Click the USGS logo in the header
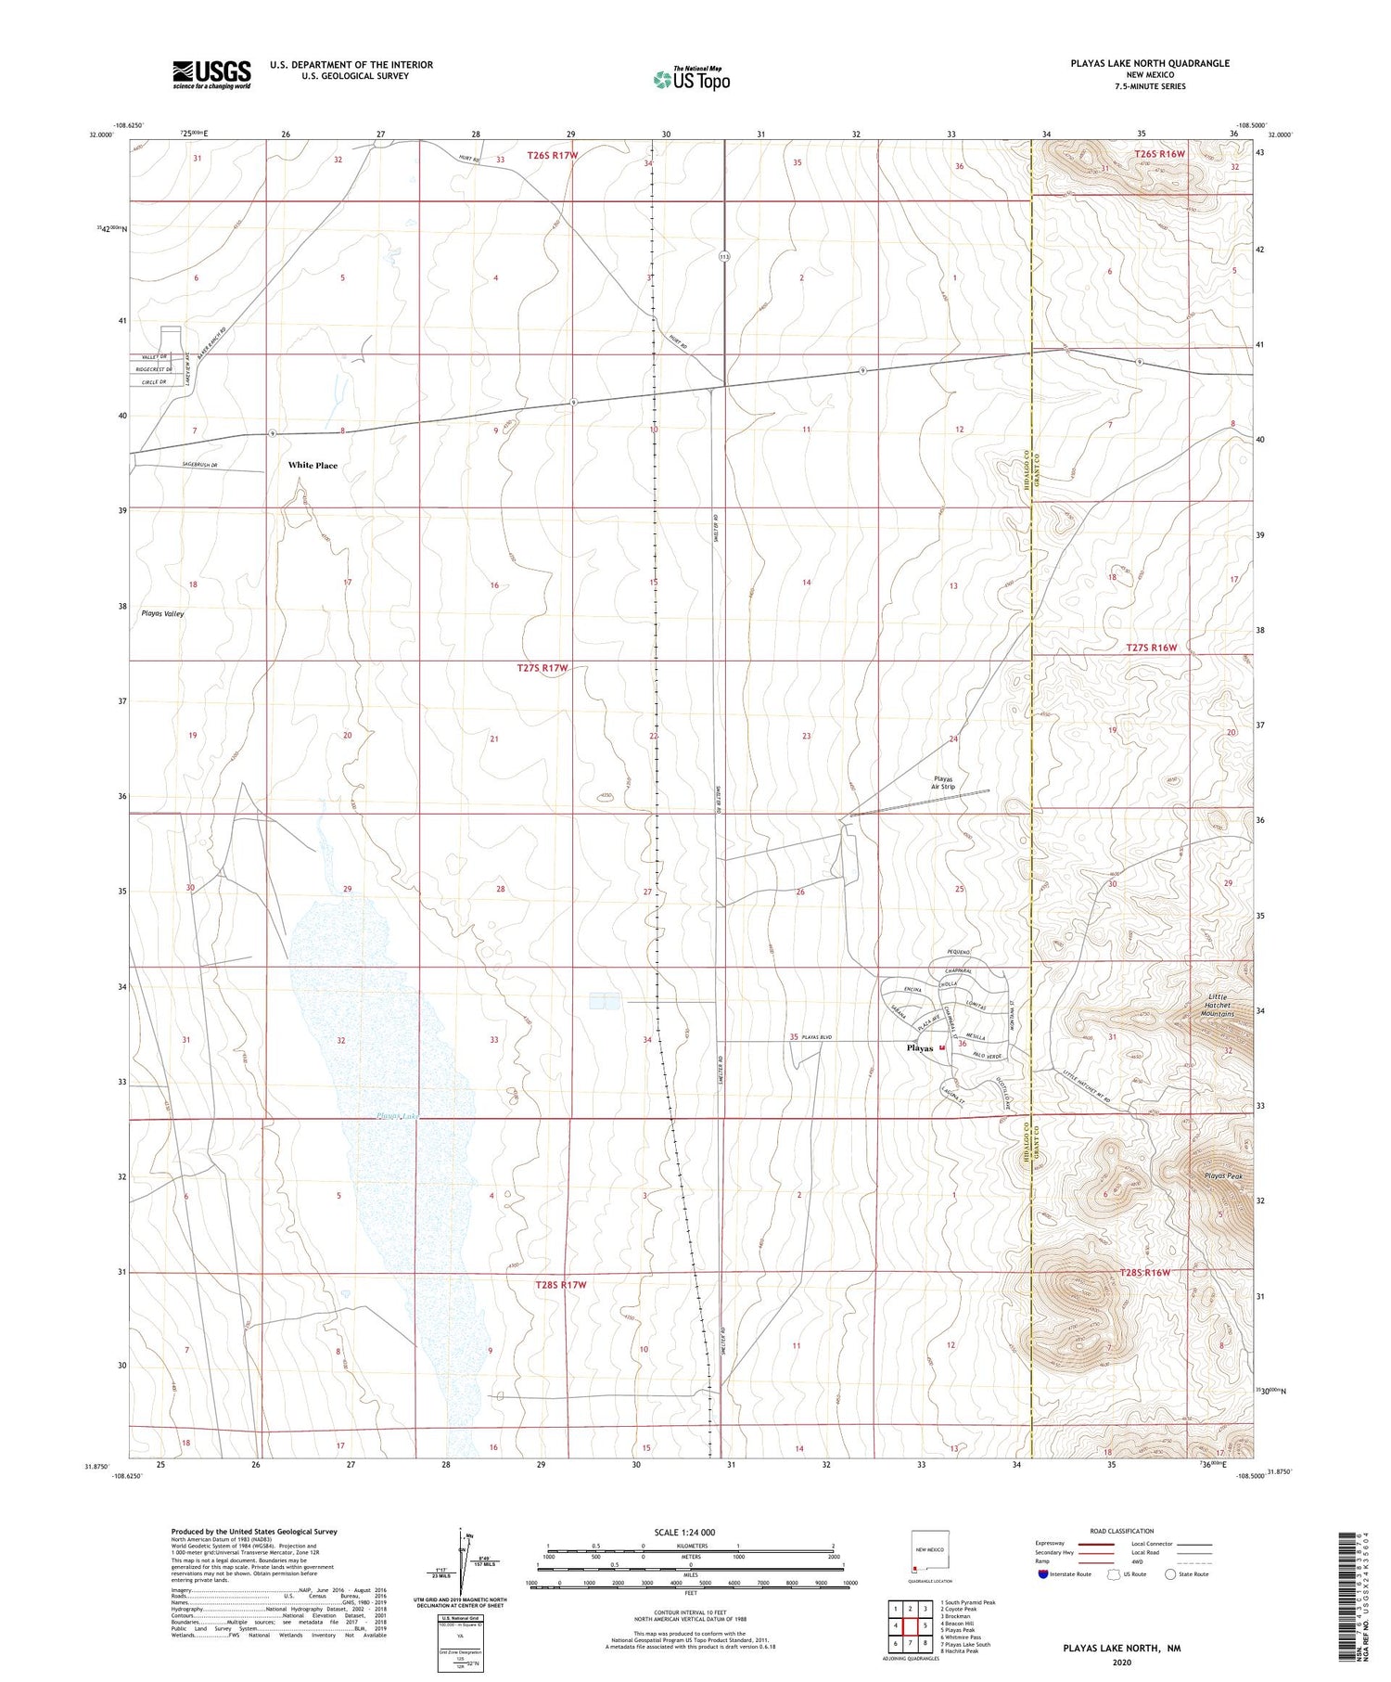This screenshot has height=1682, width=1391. [x=211, y=74]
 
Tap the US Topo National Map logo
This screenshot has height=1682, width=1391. [x=692, y=79]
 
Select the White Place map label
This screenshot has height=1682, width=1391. [x=313, y=466]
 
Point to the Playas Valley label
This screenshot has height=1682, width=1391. [x=162, y=614]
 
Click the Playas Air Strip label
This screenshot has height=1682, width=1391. [x=943, y=782]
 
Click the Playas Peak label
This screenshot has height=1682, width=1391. [x=1223, y=1176]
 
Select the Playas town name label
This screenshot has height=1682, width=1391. [x=919, y=1048]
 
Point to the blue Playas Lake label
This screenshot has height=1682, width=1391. [x=397, y=1116]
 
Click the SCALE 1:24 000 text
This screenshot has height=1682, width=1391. [x=684, y=1532]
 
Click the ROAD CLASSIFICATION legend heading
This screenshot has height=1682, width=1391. [x=1121, y=1531]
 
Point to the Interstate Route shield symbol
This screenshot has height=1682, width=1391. [x=1043, y=1574]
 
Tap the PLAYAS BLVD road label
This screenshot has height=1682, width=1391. [x=819, y=1036]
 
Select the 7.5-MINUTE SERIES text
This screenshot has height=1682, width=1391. [x=1150, y=86]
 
